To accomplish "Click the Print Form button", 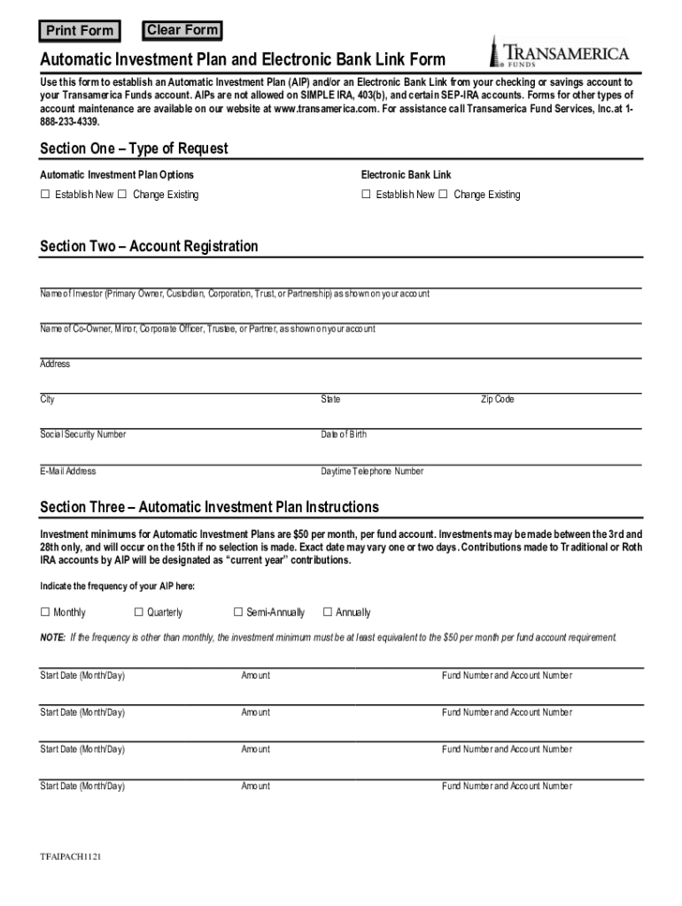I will click(80, 32).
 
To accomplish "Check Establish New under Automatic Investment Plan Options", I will click(45, 195).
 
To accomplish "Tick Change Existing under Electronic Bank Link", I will click(444, 195).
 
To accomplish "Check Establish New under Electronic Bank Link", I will click(366, 195).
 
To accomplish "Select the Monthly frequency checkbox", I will click(44, 612).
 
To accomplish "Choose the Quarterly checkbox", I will click(137, 612).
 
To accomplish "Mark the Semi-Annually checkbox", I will click(237, 612).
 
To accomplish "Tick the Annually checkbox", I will click(327, 612).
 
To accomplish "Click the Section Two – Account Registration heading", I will click(149, 246).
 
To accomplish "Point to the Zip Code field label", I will click(497, 400).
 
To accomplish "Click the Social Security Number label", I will click(83, 435).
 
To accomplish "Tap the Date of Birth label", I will click(344, 435).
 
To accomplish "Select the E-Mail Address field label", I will click(68, 472).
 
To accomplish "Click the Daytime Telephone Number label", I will click(372, 472).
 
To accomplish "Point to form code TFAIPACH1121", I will click(69, 858).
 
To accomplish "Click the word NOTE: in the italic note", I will click(52, 637).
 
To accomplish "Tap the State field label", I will click(330, 400).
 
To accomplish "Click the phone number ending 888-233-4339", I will click(69, 121).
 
